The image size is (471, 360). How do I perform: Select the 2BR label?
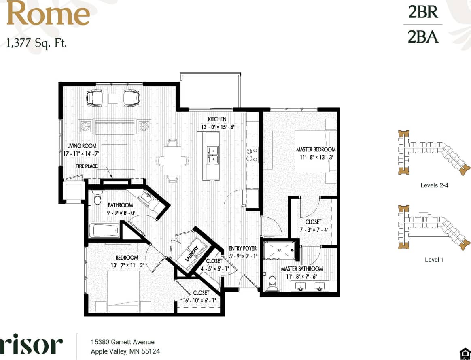[x=423, y=13]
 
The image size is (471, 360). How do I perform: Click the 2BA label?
[x=423, y=36]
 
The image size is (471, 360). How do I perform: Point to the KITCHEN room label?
[x=217, y=119]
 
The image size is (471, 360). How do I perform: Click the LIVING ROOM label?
[x=82, y=146]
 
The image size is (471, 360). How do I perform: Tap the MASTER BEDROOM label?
[x=316, y=149]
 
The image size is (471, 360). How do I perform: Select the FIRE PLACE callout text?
[x=86, y=166]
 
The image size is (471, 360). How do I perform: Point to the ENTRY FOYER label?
[x=242, y=248]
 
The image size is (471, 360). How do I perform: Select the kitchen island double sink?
[x=212, y=155]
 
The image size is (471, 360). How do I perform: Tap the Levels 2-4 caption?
[x=434, y=185]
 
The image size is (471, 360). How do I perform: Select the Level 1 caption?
[x=434, y=260]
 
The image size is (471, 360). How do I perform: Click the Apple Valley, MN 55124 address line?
[x=125, y=351]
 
